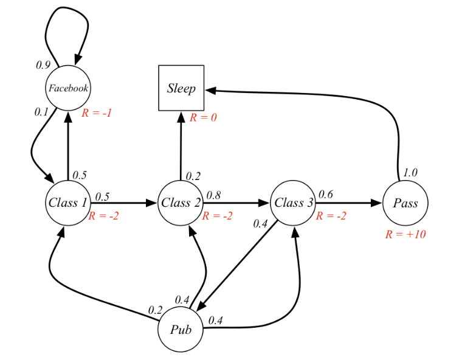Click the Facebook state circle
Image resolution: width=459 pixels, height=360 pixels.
(x=68, y=88)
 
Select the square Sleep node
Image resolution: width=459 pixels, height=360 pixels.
(x=181, y=88)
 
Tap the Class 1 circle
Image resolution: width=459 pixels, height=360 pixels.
(x=68, y=202)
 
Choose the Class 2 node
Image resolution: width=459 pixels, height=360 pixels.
(x=181, y=202)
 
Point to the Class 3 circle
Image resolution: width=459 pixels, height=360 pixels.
(x=293, y=202)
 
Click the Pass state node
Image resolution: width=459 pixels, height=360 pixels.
(x=405, y=202)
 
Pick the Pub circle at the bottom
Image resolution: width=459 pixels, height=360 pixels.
(x=181, y=330)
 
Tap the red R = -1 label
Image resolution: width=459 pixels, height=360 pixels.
(x=96, y=112)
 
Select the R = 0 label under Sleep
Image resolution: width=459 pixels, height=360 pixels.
(x=203, y=117)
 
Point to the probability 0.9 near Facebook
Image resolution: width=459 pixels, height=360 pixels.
(x=42, y=64)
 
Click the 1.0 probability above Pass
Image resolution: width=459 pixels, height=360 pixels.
(x=410, y=173)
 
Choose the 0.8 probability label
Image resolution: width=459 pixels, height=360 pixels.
(x=213, y=195)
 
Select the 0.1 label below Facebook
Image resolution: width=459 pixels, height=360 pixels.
(x=41, y=112)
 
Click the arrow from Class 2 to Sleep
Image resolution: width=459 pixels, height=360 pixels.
(x=181, y=146)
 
